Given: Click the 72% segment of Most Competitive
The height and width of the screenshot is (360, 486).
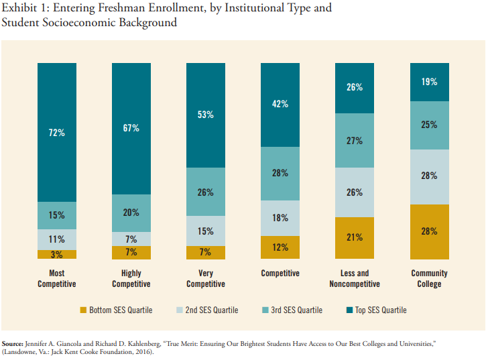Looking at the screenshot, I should tap(57, 132).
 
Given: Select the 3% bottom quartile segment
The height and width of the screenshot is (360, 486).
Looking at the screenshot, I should tap(57, 255).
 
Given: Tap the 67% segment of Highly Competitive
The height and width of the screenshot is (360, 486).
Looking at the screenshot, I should tap(131, 128).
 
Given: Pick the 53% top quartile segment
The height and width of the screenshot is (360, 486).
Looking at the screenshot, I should tap(205, 115).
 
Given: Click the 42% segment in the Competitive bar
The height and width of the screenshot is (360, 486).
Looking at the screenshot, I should tap(280, 105).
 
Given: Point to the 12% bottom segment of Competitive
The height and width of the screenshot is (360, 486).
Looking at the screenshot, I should tap(280, 247).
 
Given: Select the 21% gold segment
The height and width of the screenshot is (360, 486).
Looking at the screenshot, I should tap(355, 238).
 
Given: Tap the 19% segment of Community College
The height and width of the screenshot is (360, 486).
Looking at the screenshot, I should tap(429, 82).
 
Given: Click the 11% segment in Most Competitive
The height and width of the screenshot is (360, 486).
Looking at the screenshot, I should tap(57, 239).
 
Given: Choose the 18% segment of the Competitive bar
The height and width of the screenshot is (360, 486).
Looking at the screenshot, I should tap(280, 218).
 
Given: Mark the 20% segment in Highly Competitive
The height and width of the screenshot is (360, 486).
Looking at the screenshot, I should tap(131, 213).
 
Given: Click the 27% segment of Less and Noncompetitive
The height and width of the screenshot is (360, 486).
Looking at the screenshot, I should tap(355, 141).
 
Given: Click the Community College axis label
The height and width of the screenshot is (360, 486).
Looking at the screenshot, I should tap(429, 278).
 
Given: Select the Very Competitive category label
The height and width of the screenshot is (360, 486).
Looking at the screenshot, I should tap(205, 278).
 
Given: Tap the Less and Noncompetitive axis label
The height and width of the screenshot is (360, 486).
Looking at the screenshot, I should tap(355, 278).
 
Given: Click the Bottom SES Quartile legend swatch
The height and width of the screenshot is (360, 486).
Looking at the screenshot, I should tap(84, 310).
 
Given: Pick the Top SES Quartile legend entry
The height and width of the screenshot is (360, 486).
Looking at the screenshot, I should tap(375, 310).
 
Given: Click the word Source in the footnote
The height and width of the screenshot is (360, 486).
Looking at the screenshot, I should tap(14, 343).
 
